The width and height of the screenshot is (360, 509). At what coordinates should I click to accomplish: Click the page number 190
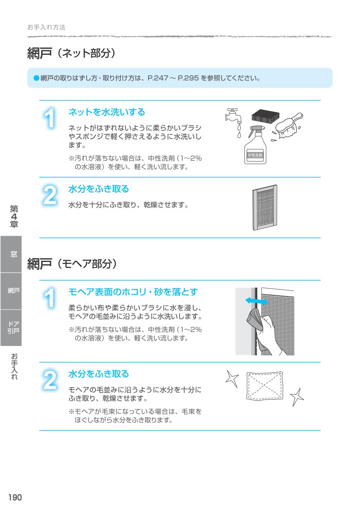point(15,497)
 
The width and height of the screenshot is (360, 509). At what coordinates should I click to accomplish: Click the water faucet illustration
point(234,117)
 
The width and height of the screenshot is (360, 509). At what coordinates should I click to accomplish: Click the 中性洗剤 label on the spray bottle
point(255,155)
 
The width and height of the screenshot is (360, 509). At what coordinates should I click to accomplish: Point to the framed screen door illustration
point(265,207)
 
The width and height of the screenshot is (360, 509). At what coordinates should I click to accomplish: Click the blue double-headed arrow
point(256,301)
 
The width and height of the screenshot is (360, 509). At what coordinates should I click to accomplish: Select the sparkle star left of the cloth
point(232,379)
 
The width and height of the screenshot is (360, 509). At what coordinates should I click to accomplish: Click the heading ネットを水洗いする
point(106,112)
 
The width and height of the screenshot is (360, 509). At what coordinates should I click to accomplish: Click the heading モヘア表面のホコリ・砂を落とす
point(133,292)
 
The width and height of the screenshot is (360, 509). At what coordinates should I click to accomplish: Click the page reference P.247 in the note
point(157,78)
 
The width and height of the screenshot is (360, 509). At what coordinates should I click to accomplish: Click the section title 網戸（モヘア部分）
point(72,264)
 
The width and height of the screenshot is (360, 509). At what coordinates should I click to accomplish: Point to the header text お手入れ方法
point(46,27)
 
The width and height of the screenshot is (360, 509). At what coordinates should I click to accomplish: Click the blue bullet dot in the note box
point(36,78)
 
